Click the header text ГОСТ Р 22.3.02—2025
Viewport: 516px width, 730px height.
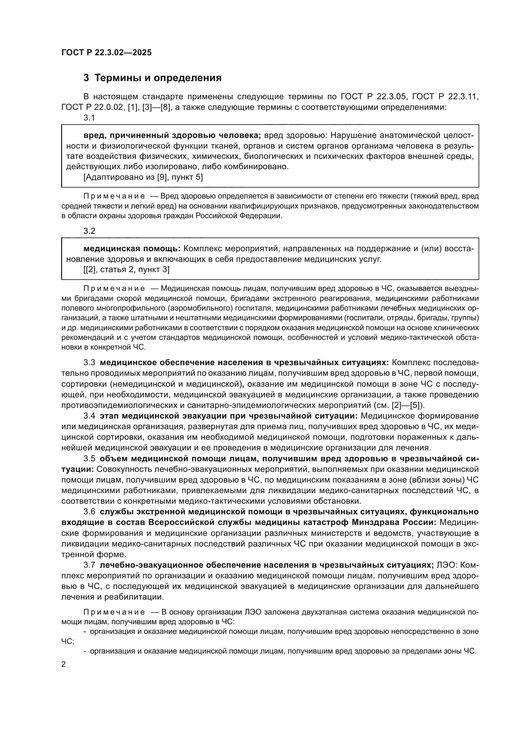pyautogui.click(x=106, y=52)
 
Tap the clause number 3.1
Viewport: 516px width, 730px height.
pyautogui.click(x=89, y=118)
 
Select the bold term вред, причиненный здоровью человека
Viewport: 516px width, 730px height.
pyautogui.click(x=172, y=135)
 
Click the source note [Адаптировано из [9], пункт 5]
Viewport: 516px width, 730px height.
pyautogui.click(x=143, y=177)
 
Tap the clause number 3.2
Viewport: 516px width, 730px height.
pyautogui.click(x=89, y=231)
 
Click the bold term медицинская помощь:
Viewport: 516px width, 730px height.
pyautogui.click(x=132, y=249)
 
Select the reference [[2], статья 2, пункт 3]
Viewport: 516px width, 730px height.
pyautogui.click(x=126, y=270)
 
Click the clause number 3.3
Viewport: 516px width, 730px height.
pyautogui.click(x=89, y=362)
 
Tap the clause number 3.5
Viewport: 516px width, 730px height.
pyautogui.click(x=89, y=458)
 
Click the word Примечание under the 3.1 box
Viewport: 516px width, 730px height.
pyautogui.click(x=114, y=196)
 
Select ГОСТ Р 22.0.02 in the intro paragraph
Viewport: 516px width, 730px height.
pyautogui.click(x=92, y=107)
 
